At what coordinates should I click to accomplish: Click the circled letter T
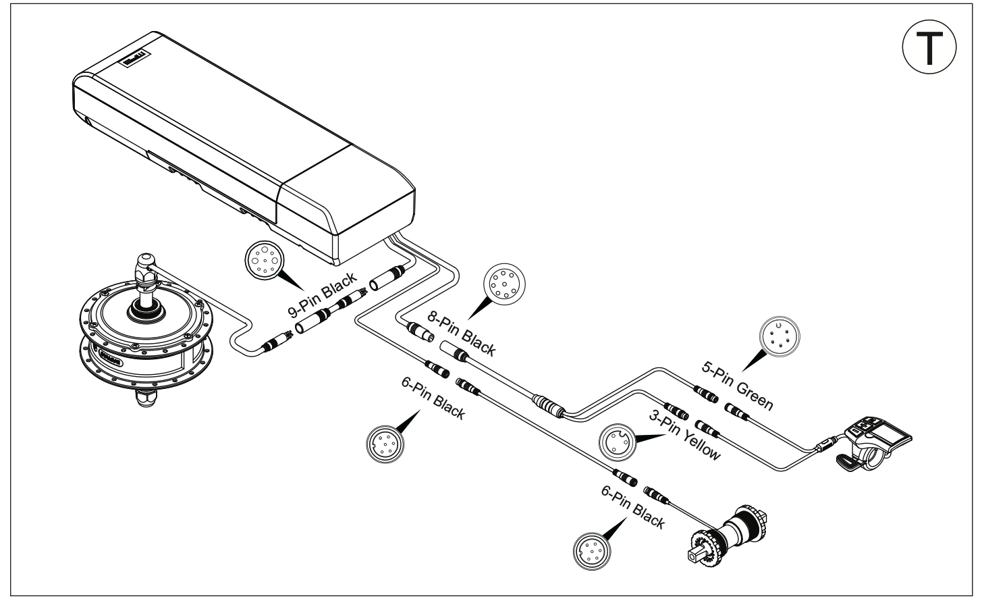pos(930,47)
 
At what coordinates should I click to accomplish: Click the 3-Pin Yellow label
pos(683,435)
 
